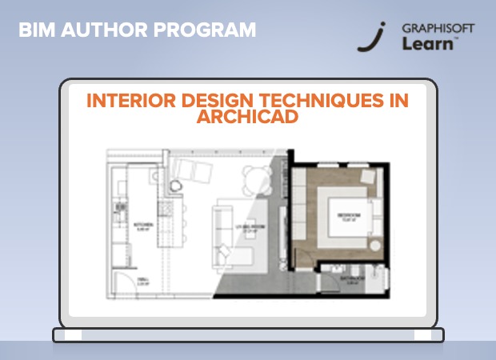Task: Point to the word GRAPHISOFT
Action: click(x=439, y=28)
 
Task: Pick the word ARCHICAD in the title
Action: click(x=247, y=117)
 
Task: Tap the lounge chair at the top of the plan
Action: click(x=193, y=170)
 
